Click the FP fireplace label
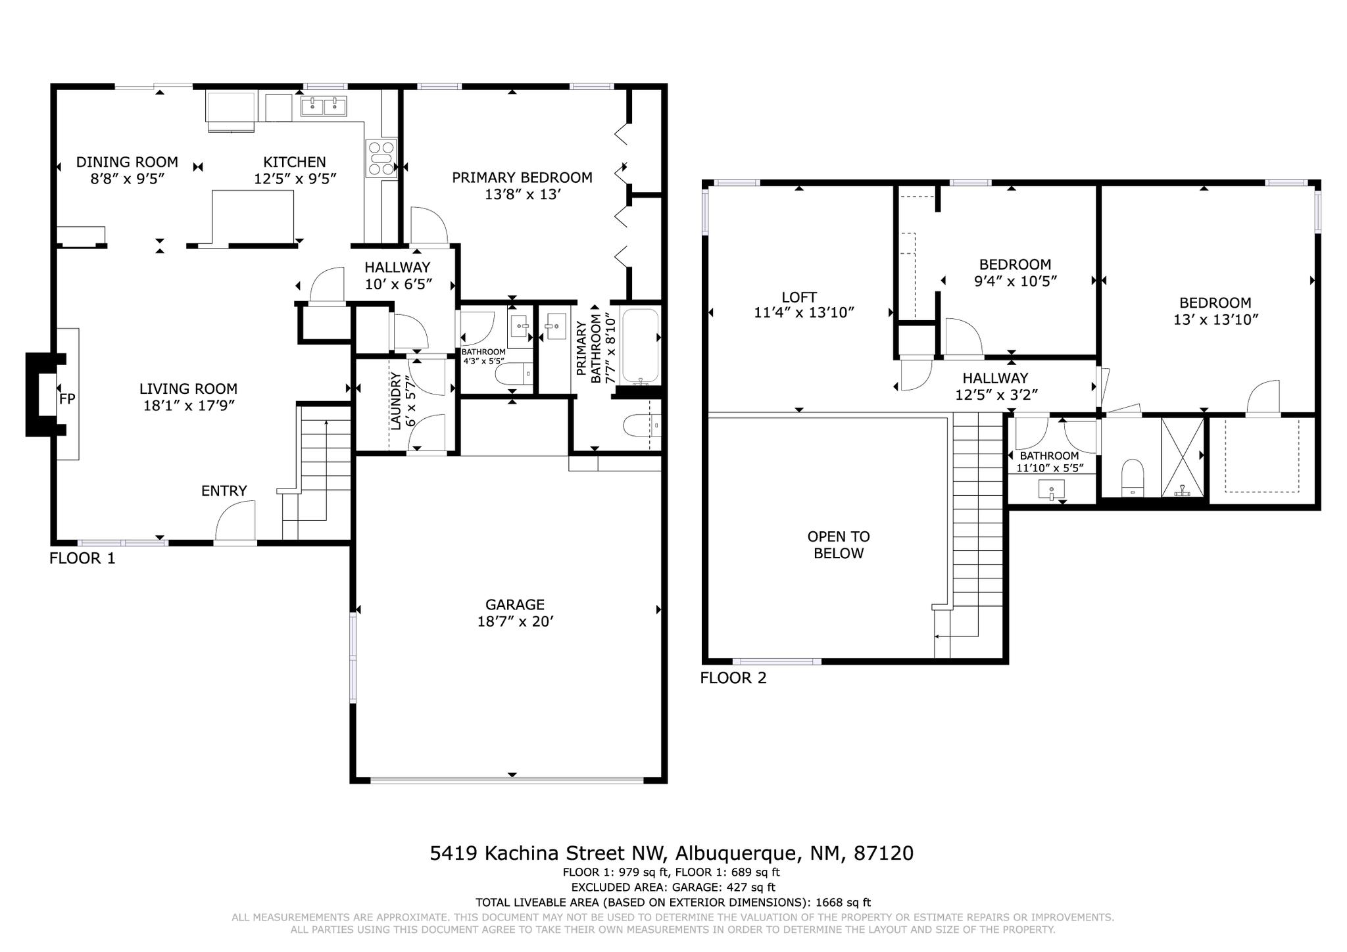[67, 398]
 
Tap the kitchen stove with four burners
[381, 158]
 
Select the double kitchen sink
[324, 106]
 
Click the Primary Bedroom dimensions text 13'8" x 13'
[522, 194]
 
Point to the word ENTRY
[224, 490]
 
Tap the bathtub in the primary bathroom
[640, 346]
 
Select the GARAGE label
[515, 604]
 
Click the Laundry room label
[396, 401]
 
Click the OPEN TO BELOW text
[839, 545]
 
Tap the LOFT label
[799, 297]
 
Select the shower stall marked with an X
[1183, 458]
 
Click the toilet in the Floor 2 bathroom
[1133, 477]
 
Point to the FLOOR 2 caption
[733, 678]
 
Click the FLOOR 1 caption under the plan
[82, 558]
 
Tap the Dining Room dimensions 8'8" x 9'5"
[127, 178]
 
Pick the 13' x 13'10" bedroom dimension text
[1215, 320]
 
